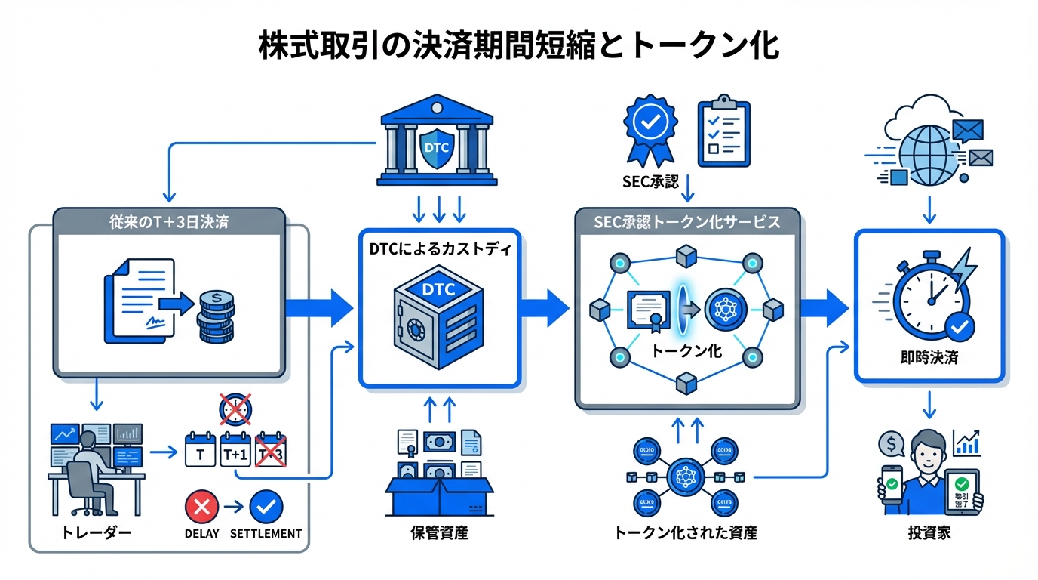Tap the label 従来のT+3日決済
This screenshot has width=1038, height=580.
point(169,224)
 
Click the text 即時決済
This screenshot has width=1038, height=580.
point(929,358)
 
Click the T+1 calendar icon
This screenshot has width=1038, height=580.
point(235,451)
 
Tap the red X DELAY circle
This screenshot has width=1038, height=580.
point(201,507)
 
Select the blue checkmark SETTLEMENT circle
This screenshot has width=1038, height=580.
point(265,507)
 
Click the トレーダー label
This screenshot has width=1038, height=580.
point(95,533)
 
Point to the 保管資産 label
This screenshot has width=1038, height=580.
point(438,533)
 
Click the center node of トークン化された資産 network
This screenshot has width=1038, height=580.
point(686,477)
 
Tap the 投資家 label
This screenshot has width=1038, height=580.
point(929,533)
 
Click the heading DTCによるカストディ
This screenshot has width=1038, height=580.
point(439,249)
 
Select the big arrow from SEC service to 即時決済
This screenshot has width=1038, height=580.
point(824,307)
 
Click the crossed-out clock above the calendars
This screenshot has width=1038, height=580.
point(236,410)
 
